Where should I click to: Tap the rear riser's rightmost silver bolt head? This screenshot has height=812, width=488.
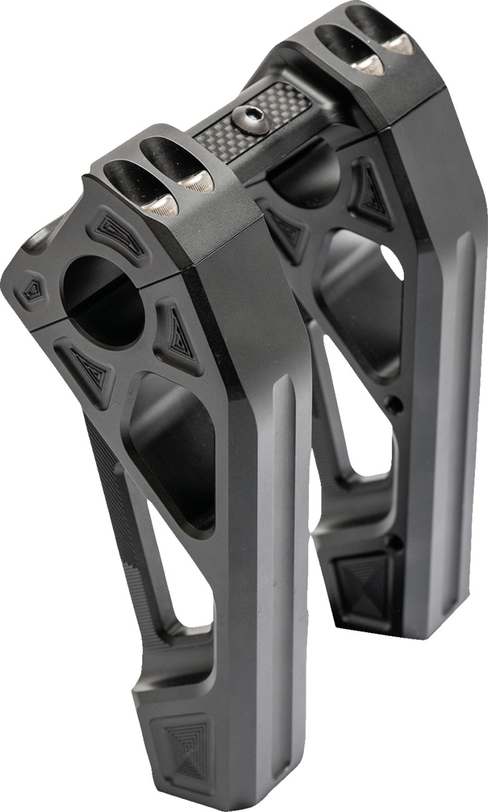398,44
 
